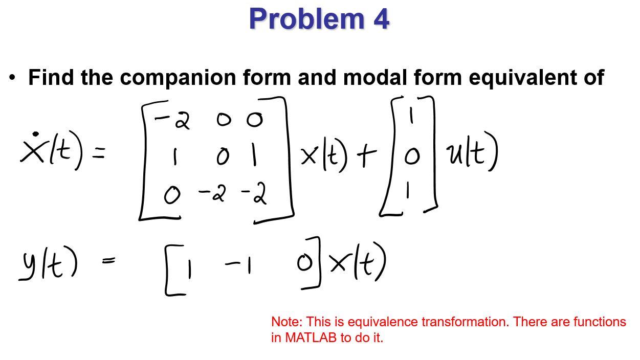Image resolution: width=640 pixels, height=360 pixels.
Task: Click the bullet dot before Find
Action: tap(12, 78)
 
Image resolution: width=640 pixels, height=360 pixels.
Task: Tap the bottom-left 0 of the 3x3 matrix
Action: tap(172, 195)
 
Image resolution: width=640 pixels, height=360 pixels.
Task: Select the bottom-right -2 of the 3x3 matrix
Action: tap(254, 194)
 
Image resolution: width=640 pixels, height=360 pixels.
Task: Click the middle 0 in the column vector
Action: tap(411, 157)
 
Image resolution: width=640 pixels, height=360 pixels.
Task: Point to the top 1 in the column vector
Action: tap(411, 117)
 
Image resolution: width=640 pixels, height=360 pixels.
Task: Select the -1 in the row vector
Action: tap(238, 265)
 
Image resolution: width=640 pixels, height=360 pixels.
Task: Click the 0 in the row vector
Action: tap(304, 263)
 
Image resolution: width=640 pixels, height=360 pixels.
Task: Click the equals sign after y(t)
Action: tap(108, 261)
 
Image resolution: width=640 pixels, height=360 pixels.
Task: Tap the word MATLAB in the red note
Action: tap(311, 337)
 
